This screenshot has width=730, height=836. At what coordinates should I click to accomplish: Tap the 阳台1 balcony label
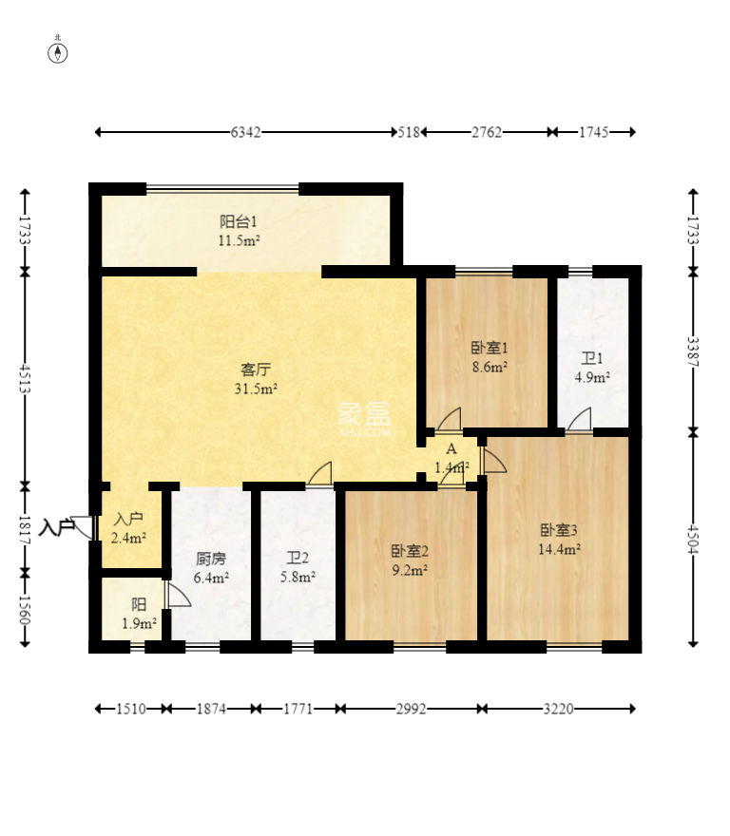click(238, 220)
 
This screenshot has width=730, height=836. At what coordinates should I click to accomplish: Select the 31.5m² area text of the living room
click(256, 389)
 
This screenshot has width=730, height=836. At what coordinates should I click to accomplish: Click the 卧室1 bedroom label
click(489, 348)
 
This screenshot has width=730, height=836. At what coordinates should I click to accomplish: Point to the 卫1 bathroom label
click(592, 358)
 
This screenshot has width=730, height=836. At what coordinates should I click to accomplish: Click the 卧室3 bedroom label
click(559, 530)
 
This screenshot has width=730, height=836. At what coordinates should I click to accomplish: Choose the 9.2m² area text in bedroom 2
click(410, 571)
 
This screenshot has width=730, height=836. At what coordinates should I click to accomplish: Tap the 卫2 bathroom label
click(298, 558)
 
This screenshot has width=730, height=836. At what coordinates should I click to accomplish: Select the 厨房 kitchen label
click(211, 559)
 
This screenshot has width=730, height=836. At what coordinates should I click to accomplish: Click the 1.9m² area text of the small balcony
click(139, 623)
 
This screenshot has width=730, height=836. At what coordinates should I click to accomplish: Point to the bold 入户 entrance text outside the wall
click(56, 528)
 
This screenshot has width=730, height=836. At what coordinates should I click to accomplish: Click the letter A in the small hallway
click(451, 449)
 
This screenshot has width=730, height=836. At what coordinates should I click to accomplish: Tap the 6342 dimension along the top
click(245, 132)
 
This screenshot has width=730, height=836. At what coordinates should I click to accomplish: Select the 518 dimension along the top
click(409, 132)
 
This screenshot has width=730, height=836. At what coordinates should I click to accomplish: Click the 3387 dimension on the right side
click(693, 351)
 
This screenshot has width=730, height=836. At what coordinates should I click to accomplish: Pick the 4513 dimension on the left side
click(25, 378)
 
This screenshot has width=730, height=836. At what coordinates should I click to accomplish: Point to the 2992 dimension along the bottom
click(411, 709)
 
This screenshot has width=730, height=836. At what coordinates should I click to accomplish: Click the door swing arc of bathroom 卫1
click(580, 419)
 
